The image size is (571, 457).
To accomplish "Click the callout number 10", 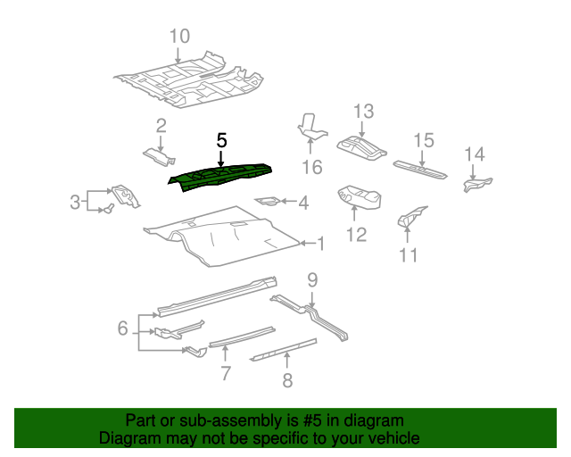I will [179, 37].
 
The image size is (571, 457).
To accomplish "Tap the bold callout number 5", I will [222, 140].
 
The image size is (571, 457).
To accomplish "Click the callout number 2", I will [161, 125].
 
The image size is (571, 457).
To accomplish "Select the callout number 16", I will [310, 168].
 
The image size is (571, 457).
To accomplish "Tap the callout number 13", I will [362, 112].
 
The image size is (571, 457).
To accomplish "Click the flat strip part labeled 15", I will [423, 169].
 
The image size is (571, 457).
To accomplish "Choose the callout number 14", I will [474, 154].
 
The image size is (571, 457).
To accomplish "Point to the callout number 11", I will [408, 255].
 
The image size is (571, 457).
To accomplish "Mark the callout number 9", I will [311, 281].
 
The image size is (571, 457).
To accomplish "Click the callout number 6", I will [123, 328].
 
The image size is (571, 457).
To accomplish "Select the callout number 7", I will [226, 373].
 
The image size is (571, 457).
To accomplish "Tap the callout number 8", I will [287, 382].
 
